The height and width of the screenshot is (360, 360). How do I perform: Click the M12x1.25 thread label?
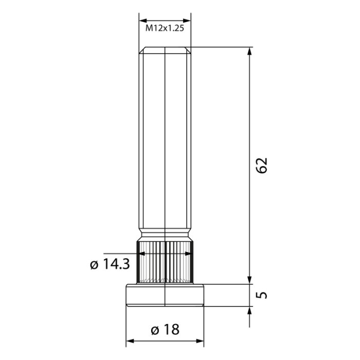click(x=165, y=29)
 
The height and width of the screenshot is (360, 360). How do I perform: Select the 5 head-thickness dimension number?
click(x=262, y=295)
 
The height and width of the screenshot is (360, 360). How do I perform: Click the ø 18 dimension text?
click(x=165, y=330)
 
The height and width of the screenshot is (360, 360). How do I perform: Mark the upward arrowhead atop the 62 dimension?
click(x=250, y=51)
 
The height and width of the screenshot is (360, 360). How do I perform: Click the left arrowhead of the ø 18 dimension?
click(x=130, y=341)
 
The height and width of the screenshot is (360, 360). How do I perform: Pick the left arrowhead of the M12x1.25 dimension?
click(x=143, y=21)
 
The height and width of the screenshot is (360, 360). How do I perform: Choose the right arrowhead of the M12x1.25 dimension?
click(x=187, y=21)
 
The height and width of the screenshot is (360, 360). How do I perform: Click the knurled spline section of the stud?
click(x=165, y=262)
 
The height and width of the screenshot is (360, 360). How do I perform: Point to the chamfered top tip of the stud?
click(x=165, y=50)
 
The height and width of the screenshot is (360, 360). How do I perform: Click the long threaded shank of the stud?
click(x=165, y=144)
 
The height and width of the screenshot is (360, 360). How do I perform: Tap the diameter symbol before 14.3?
click(x=94, y=265)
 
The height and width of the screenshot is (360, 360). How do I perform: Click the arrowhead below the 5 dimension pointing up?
click(x=250, y=311)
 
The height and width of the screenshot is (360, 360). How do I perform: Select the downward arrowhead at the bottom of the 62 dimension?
click(x=250, y=279)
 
